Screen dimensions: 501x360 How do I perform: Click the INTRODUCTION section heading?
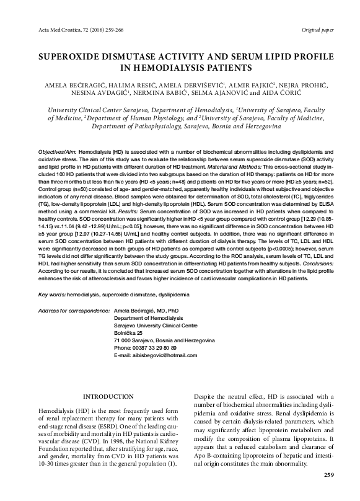(x=108, y=397)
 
